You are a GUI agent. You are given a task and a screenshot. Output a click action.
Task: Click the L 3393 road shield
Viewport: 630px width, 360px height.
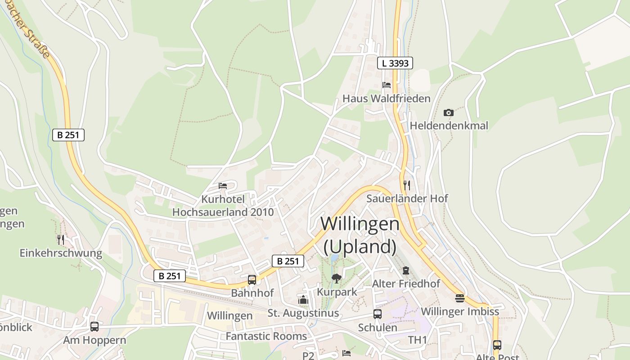coord(395,63)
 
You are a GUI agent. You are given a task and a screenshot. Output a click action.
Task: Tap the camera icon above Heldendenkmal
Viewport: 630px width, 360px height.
coord(449,112)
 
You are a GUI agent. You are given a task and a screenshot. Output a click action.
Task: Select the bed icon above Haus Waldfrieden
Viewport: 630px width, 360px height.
coord(387,85)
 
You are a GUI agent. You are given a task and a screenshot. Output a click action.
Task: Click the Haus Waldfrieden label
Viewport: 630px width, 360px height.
coord(387,98)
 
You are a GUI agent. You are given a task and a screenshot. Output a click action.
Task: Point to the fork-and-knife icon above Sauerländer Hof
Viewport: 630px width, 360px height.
coord(407,185)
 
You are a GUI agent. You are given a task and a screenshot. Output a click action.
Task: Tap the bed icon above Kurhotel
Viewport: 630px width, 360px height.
coord(223,185)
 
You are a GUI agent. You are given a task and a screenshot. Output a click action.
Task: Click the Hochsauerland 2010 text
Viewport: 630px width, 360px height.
coord(223,211)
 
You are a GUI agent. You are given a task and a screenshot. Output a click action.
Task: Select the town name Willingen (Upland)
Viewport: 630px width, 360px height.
coord(360,235)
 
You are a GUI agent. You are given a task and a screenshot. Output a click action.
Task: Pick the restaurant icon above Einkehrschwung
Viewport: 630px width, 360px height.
coord(61,239)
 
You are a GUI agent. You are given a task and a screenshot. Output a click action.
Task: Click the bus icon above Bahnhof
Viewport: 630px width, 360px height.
coord(252,279)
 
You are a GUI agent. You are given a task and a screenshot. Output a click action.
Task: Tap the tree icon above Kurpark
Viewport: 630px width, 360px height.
coord(336,279)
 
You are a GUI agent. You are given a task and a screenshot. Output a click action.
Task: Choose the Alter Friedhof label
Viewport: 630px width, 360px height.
coord(406,283)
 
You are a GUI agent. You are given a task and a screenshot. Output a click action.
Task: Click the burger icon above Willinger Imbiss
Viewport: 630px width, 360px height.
coord(459,298)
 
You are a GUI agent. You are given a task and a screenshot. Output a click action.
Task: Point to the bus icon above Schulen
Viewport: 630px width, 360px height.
coord(378,314)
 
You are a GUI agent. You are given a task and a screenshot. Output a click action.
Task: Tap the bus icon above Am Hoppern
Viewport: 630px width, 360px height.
coord(94,327)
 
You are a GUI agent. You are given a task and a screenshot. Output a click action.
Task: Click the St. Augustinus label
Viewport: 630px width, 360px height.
coord(303,313)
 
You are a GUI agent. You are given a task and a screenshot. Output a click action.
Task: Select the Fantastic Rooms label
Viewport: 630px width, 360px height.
coord(266,336)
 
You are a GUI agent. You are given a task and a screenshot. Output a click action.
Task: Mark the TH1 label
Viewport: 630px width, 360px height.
coord(417,340)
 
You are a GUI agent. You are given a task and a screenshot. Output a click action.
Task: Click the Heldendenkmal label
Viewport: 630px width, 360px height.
coord(449,126)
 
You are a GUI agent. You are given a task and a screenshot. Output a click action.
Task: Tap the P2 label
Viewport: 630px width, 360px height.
coord(308,355)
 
